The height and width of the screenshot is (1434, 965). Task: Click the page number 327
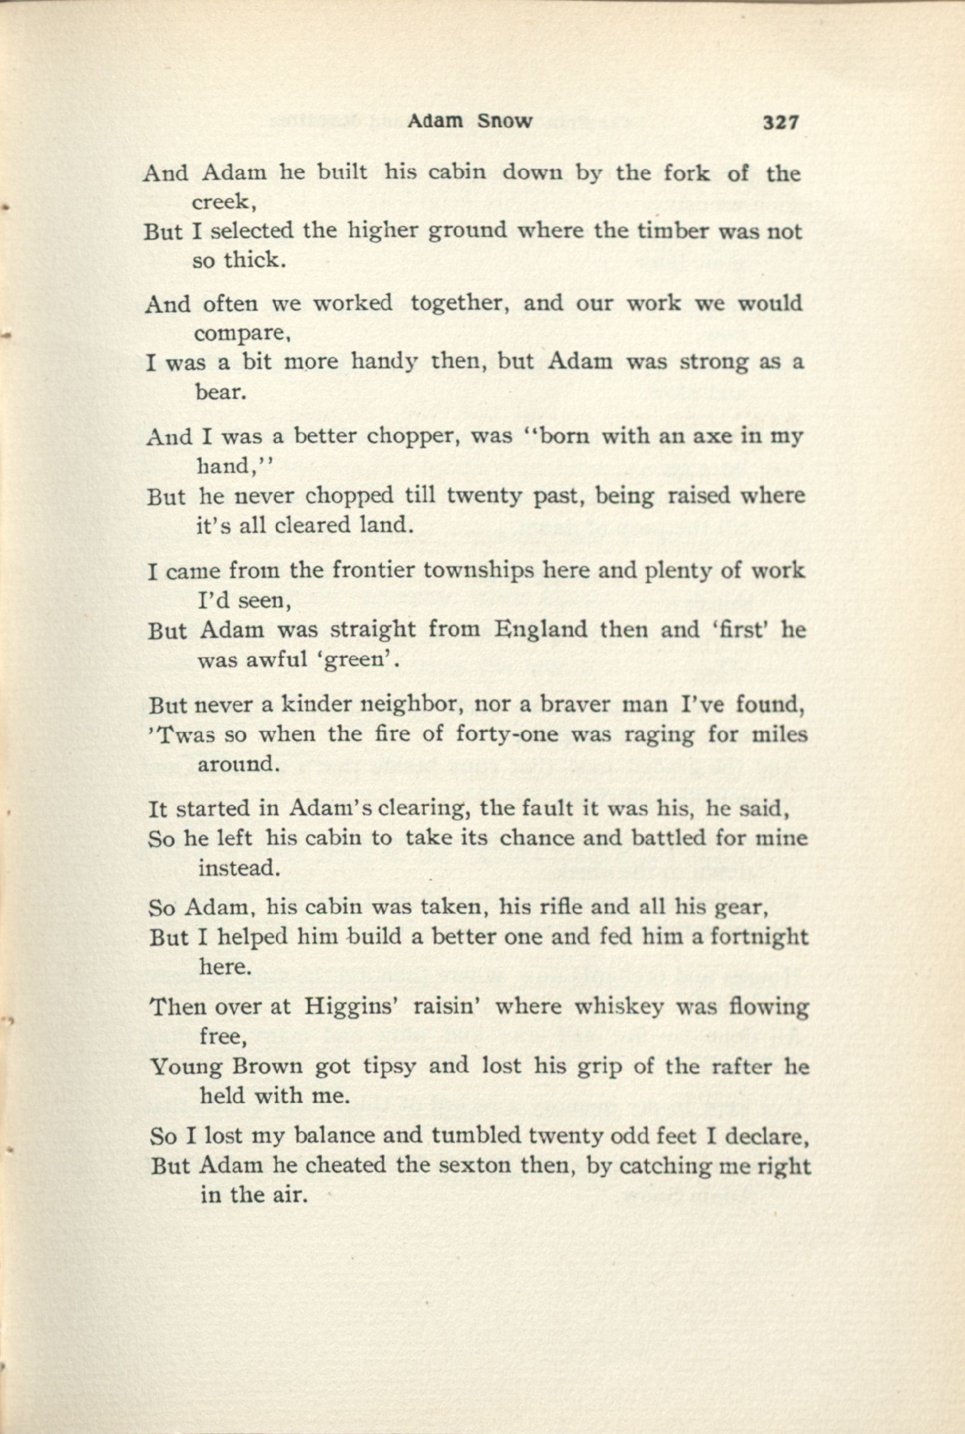click(x=781, y=123)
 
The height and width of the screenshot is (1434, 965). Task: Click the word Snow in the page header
click(x=504, y=121)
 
